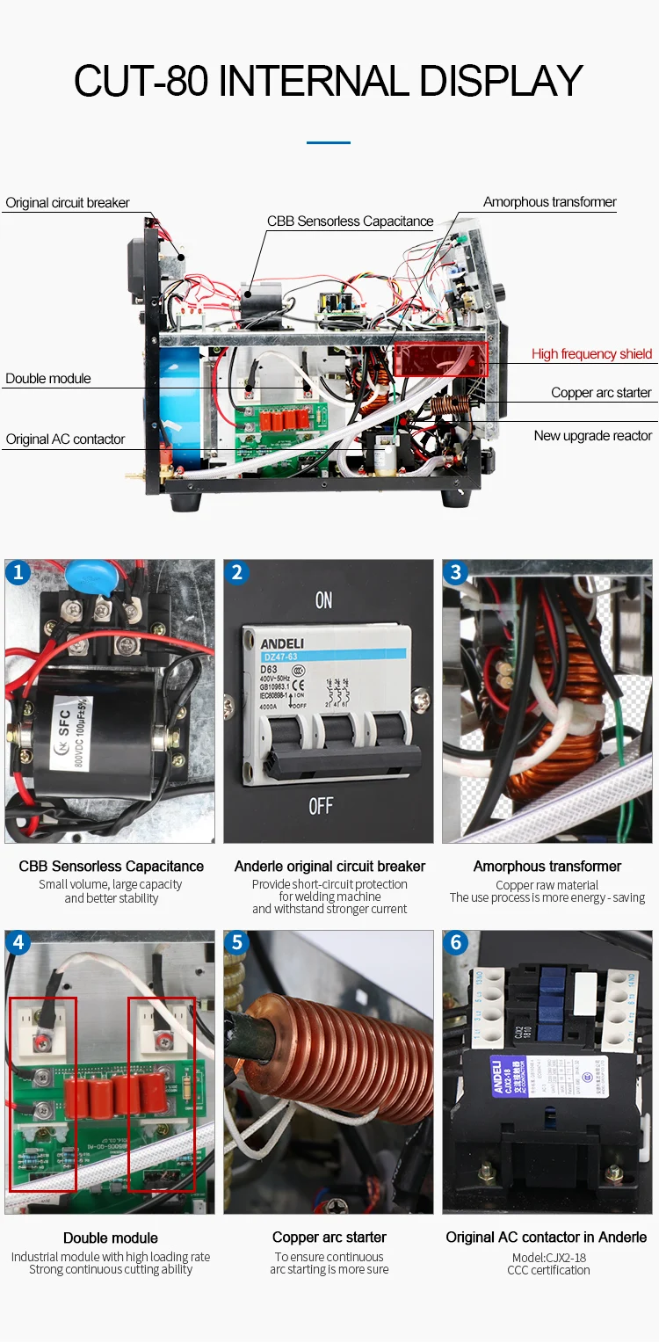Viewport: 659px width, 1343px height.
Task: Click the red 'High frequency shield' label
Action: (x=591, y=354)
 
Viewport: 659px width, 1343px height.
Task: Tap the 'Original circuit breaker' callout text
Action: (x=68, y=203)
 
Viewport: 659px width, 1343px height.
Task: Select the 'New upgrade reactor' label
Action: (x=592, y=436)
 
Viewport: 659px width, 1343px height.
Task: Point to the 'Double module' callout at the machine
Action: (x=48, y=379)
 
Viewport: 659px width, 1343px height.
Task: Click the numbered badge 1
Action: (x=18, y=573)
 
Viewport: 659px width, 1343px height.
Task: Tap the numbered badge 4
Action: (x=18, y=944)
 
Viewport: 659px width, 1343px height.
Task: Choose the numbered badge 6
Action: (x=455, y=944)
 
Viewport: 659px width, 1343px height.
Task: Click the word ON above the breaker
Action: (x=324, y=600)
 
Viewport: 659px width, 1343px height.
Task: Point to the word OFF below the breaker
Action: (x=322, y=806)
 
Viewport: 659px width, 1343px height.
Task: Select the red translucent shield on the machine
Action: (x=440, y=359)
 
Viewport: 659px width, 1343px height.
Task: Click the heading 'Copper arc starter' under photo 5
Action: (x=329, y=1238)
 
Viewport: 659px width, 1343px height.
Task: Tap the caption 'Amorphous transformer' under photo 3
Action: (x=547, y=867)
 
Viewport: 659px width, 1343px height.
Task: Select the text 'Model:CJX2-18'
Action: (x=548, y=1257)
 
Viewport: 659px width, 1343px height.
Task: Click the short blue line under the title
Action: (x=329, y=142)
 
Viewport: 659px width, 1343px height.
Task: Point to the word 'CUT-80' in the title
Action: (x=141, y=82)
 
